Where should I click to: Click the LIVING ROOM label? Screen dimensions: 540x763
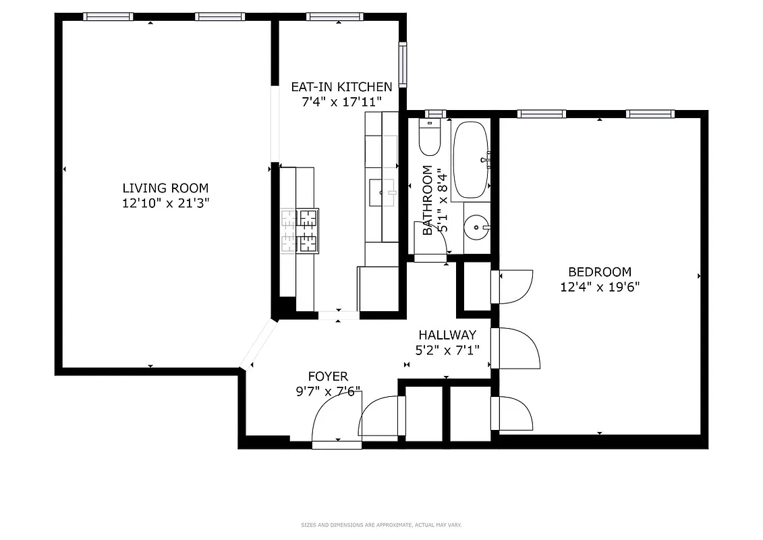pos(165,188)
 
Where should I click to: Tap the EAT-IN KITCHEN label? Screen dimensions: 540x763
pos(341,87)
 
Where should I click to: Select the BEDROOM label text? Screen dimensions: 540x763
pos(600,272)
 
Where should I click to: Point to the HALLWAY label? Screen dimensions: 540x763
pos(447,335)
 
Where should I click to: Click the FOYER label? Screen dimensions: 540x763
pos(328,377)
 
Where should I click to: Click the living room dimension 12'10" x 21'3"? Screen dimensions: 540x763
pos(165,203)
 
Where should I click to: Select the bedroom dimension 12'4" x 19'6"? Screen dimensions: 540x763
pos(600,287)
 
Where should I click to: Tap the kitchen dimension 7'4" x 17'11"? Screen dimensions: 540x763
pos(341,102)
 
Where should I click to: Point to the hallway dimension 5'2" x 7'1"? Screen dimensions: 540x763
pos(447,350)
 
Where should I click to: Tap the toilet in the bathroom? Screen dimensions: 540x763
pos(430,137)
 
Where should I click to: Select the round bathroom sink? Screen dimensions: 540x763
pos(479,227)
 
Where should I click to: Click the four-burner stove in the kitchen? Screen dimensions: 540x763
pos(300,231)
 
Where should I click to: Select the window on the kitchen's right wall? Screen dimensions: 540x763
pos(403,65)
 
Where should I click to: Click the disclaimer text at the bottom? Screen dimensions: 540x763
pos(381,524)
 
